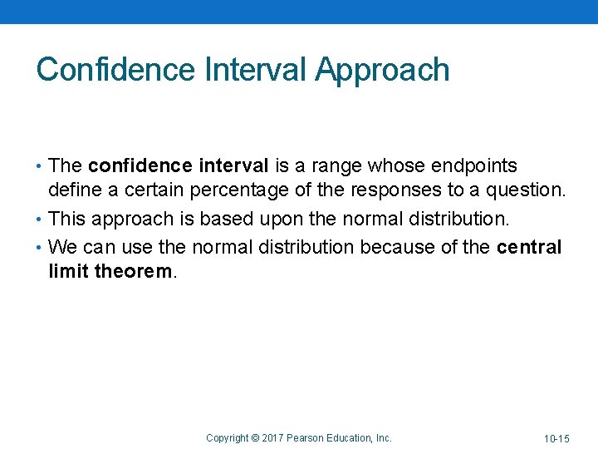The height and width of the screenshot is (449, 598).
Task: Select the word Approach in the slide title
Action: point(382,70)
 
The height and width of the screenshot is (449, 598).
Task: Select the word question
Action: point(525,190)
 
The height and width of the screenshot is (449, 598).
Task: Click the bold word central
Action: point(529,247)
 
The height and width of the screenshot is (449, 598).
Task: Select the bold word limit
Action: point(69,272)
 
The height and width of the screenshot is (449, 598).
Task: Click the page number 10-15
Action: point(556,438)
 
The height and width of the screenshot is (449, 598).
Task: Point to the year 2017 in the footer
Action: point(274,437)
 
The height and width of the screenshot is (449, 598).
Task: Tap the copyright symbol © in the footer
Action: point(256,437)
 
